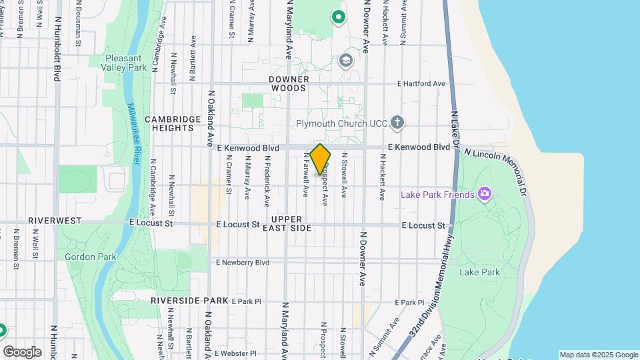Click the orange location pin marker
320,159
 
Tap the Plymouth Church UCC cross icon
397,122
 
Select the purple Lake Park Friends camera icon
485,195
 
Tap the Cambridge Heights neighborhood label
172,123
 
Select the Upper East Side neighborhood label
291,223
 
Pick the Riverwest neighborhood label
55,221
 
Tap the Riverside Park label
189,301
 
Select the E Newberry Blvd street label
243,263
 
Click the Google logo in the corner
22,351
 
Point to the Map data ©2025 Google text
598,355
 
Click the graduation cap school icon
345,61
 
